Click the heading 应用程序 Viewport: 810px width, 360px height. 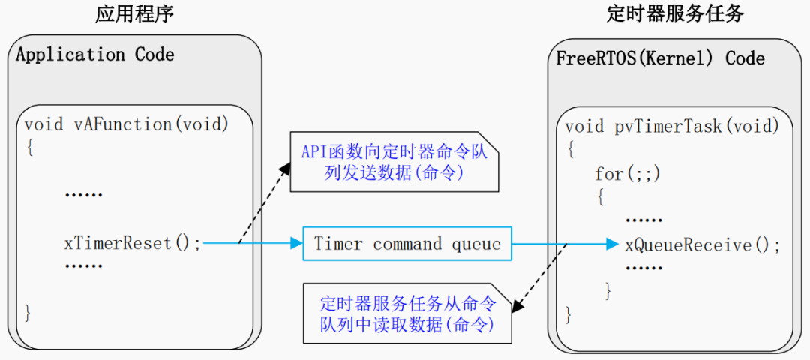pyautogui.click(x=134, y=14)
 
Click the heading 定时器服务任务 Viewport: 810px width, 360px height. pyautogui.click(x=675, y=14)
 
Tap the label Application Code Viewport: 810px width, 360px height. pyautogui.click(x=95, y=54)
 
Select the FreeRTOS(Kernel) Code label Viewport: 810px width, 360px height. pyautogui.click(x=660, y=58)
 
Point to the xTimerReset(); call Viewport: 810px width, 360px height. pyautogui.click(x=133, y=243)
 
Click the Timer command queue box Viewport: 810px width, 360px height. pyautogui.click(x=407, y=243)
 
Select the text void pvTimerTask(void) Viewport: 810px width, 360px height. pyautogui.click(x=671, y=127)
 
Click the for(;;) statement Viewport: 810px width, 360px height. pyautogui.click(x=628, y=174)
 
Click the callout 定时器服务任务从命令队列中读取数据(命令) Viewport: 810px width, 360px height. pyautogui.click(x=407, y=313)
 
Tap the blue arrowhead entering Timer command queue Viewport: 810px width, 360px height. pyautogui.click(x=296, y=243)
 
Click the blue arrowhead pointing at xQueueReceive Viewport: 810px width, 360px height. pyautogui.click(x=613, y=244)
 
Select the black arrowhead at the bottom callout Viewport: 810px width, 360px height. pyautogui.click(x=517, y=306)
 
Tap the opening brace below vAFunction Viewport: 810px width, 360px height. pyautogui.click(x=29, y=148)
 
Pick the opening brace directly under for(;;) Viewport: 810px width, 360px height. pyautogui.click(x=600, y=197)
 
